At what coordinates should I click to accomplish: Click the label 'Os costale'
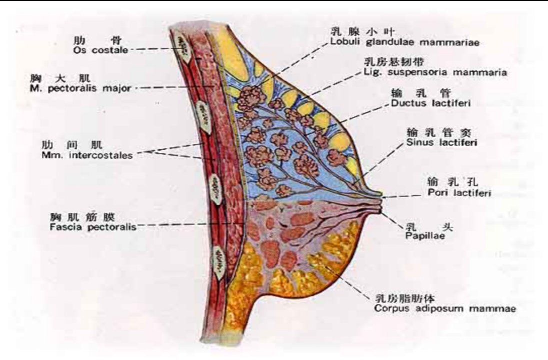point(100,50)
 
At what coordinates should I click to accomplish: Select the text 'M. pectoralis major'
point(80,89)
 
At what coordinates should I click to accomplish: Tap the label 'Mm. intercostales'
point(87,155)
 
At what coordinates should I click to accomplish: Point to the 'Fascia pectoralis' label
point(93,227)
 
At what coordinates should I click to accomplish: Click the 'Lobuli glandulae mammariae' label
point(405,43)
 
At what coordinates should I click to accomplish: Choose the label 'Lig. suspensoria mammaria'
point(435,72)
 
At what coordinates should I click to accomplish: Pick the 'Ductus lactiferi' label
point(431,103)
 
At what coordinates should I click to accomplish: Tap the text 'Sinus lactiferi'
point(442,142)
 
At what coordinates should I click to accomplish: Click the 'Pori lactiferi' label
point(459,193)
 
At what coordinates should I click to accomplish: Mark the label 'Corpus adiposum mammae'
point(445,309)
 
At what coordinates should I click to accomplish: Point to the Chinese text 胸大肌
point(60,78)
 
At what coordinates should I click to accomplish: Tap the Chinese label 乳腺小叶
point(363,32)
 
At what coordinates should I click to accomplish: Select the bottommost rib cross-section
point(220,263)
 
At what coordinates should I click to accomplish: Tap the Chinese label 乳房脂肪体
point(405,299)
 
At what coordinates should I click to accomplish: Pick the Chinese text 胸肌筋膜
point(82,217)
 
